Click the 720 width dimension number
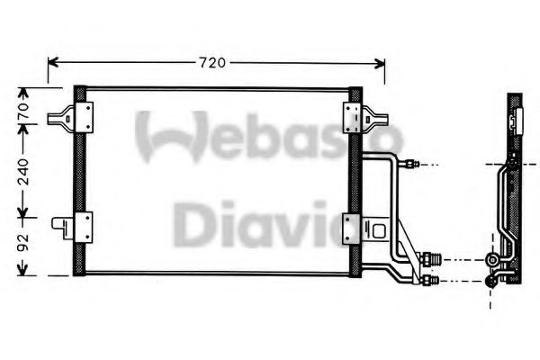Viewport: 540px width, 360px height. (211, 62)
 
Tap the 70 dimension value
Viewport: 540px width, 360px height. (25, 112)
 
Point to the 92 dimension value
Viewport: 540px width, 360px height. (25, 243)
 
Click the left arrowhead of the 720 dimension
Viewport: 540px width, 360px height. (51, 62)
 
